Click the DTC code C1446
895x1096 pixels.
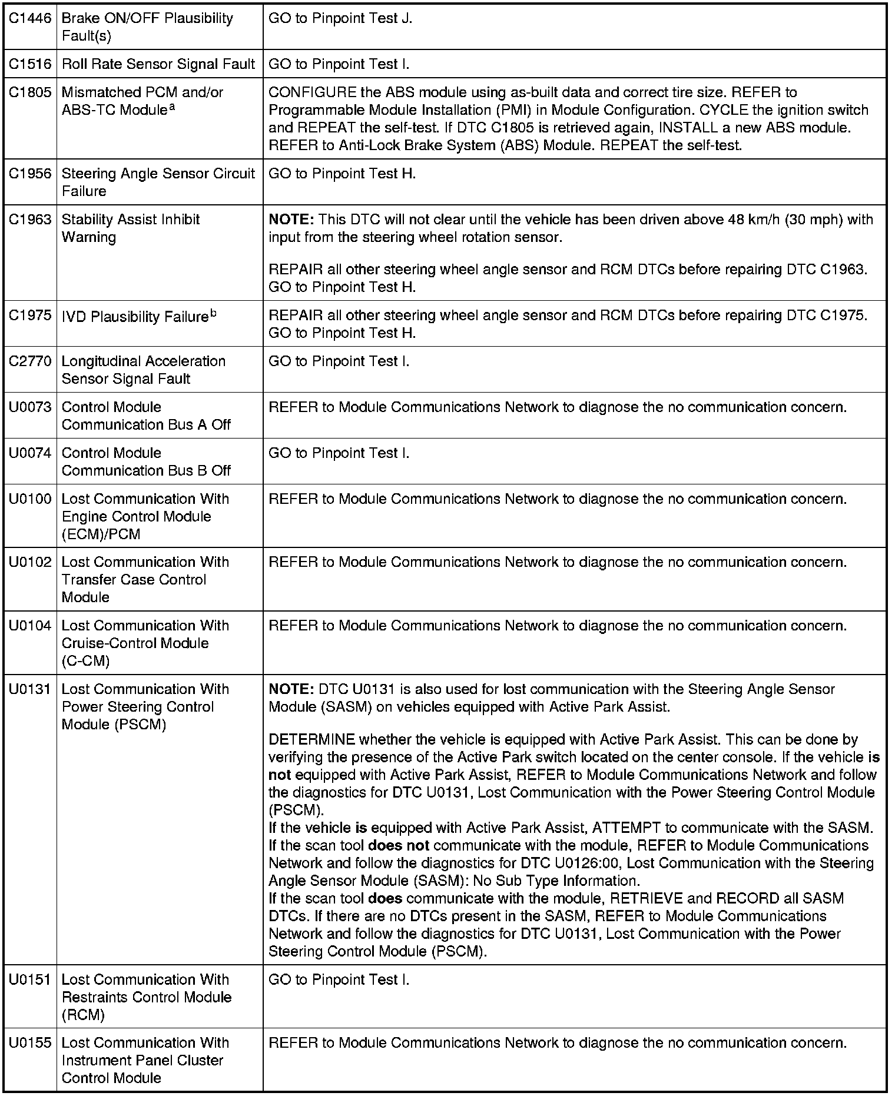coord(30,19)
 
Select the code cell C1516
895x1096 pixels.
coord(30,64)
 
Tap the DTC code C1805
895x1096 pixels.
coord(30,92)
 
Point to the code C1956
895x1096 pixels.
coord(30,174)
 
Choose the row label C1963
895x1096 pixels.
coord(30,220)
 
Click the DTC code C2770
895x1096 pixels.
coord(30,361)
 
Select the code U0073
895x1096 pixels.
coord(30,407)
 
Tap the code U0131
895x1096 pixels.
coord(30,689)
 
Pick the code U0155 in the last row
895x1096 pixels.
coord(30,1043)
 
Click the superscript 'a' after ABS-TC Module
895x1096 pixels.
coord(172,107)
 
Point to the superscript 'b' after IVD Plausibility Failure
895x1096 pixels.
coord(213,314)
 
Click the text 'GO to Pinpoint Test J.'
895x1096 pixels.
coord(340,19)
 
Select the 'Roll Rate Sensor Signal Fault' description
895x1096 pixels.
coord(158,64)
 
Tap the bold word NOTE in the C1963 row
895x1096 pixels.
coord(291,220)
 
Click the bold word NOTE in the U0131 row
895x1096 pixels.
coord(291,689)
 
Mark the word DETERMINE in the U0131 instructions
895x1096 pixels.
coord(311,740)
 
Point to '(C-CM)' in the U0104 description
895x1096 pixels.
coord(85,661)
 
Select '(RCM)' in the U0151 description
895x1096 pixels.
coord(83,1015)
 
